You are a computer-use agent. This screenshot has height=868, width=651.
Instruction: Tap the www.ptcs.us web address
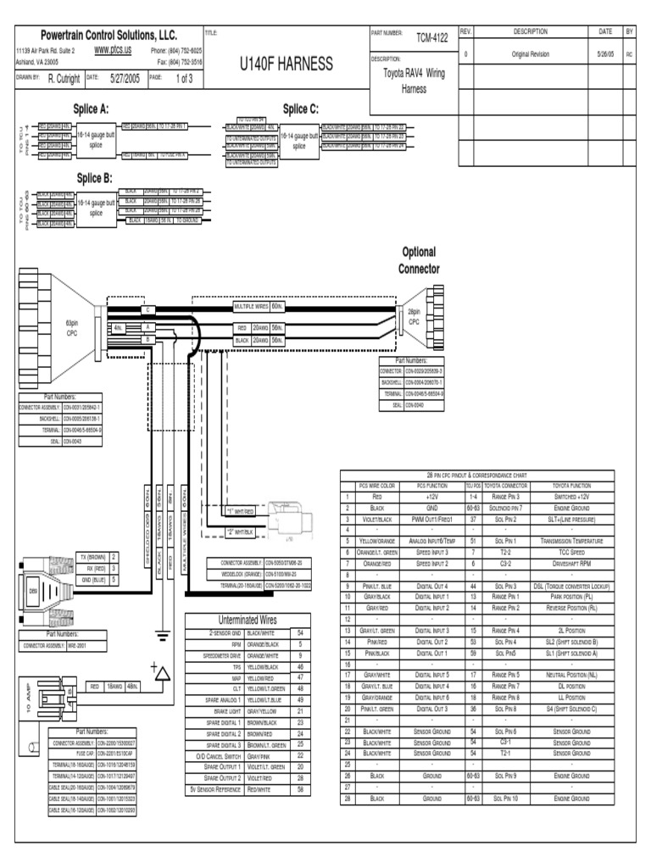[x=112, y=50]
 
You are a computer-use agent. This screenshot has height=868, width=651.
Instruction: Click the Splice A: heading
[x=93, y=109]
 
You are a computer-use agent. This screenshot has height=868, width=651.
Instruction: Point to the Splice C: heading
[x=301, y=108]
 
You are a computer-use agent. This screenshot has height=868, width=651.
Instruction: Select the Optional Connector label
[x=419, y=260]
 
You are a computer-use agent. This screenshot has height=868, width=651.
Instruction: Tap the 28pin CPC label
[x=414, y=317]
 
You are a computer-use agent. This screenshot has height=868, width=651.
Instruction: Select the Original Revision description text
[x=531, y=53]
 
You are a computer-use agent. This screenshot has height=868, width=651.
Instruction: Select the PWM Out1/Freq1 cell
[x=437, y=519]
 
